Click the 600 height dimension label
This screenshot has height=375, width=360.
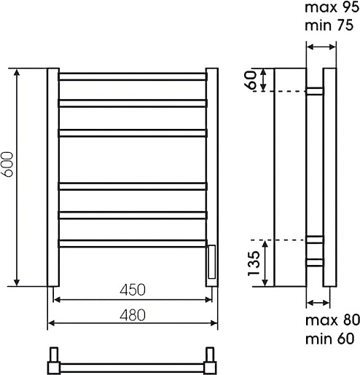(x=7, y=165)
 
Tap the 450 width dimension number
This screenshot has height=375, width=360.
(x=133, y=290)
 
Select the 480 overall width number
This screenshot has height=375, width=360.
(x=133, y=315)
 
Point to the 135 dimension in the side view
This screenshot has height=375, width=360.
(x=254, y=264)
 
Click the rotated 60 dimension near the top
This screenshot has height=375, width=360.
(x=251, y=80)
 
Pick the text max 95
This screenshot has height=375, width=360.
(x=332, y=7)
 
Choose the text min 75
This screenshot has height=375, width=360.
(x=329, y=25)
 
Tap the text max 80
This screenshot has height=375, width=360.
(x=332, y=320)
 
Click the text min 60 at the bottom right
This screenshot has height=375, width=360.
(x=329, y=339)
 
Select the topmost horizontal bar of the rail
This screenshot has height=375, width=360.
(x=133, y=76)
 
